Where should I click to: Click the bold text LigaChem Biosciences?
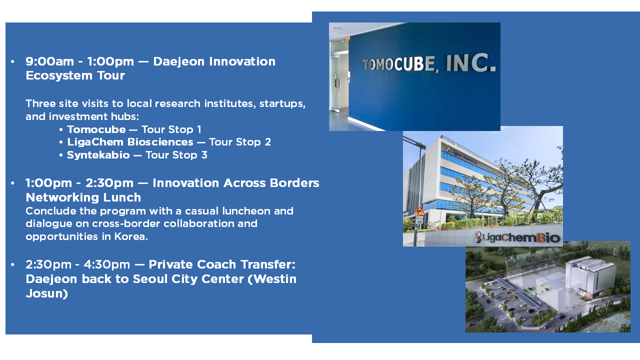click(x=130, y=142)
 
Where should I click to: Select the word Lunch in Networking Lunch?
click(x=123, y=197)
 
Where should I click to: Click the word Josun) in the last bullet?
click(x=47, y=293)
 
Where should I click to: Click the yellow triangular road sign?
click(x=419, y=211)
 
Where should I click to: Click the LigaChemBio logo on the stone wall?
click(x=517, y=237)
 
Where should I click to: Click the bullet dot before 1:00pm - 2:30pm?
click(x=12, y=183)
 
